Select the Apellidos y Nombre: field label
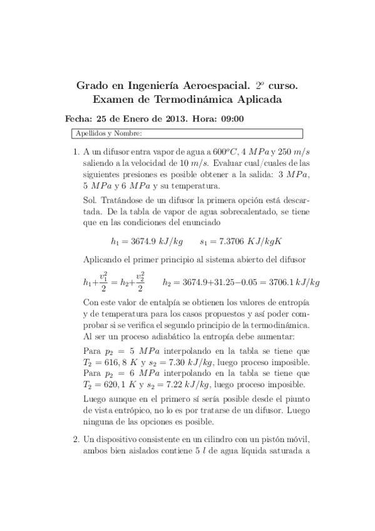pos(108,133)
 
